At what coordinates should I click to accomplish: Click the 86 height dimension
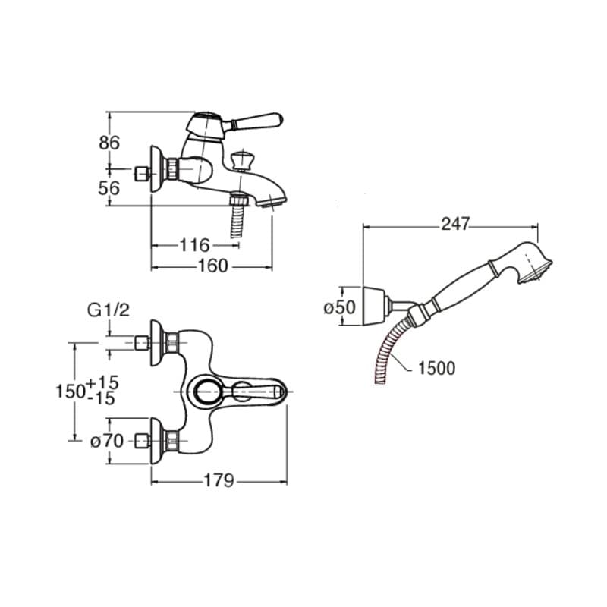coord(109,143)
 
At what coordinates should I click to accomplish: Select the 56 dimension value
coord(109,188)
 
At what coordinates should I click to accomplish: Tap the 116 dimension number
coord(195,245)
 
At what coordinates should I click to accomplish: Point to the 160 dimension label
coord(213,266)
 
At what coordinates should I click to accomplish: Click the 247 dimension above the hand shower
coord(455,224)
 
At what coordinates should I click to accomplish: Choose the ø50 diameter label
coord(339,308)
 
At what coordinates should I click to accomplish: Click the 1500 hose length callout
coord(437,368)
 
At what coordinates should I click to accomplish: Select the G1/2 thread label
coord(109,310)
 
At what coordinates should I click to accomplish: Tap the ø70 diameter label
coord(107,441)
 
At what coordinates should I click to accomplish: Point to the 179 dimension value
coord(219,481)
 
